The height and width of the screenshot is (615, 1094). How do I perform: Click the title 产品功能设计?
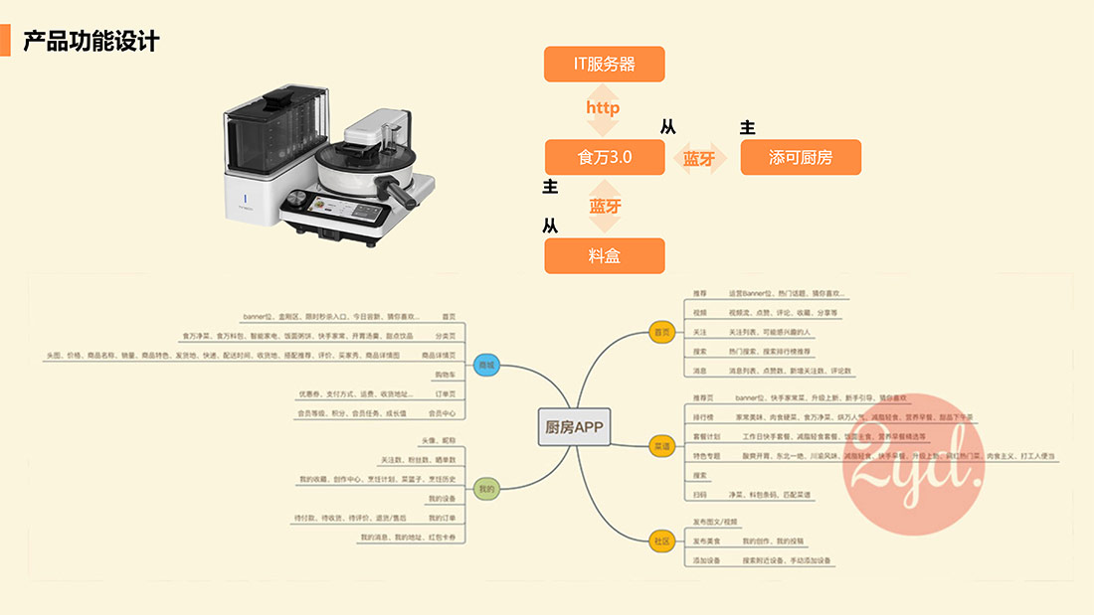pyautogui.click(x=91, y=42)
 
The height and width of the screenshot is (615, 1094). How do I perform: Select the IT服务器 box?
pyautogui.click(x=604, y=65)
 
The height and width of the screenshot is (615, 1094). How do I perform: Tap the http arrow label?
pyautogui.click(x=603, y=107)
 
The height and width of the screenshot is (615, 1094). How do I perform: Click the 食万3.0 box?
pyautogui.click(x=604, y=157)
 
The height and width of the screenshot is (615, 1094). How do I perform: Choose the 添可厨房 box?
pyautogui.click(x=801, y=157)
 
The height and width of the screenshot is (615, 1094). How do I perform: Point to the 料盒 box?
pyautogui.click(x=604, y=255)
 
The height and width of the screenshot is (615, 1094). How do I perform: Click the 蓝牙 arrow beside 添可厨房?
pyautogui.click(x=699, y=157)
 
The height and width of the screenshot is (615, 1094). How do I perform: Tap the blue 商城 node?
pyautogui.click(x=485, y=365)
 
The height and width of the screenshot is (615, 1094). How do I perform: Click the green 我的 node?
pyautogui.click(x=485, y=488)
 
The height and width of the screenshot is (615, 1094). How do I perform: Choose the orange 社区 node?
pyautogui.click(x=661, y=541)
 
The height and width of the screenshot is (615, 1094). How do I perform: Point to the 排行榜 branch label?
pyautogui.click(x=703, y=417)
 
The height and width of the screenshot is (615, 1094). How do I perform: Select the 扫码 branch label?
pyautogui.click(x=700, y=494)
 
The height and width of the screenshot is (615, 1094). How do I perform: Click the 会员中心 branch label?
pyautogui.click(x=442, y=412)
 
